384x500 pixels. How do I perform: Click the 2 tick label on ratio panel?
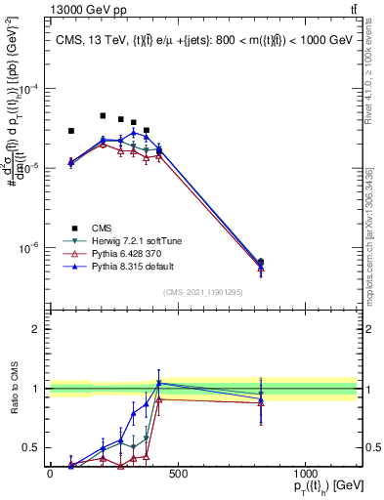[35, 329]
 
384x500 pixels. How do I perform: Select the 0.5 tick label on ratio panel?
[32, 448]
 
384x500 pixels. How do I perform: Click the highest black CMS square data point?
[103, 115]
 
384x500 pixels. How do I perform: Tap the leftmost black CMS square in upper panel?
[71, 131]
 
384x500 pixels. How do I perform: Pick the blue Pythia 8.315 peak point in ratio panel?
[159, 383]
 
